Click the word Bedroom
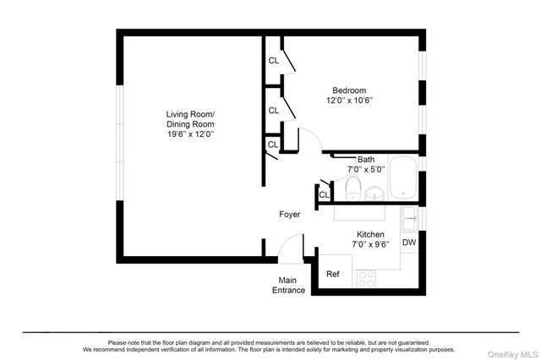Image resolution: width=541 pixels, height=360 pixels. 349,90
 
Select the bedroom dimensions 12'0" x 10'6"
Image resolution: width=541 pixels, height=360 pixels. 349,101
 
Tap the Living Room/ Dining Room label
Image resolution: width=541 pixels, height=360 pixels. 190,119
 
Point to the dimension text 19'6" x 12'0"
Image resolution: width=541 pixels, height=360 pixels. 190,134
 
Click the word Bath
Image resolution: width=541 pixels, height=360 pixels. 366,159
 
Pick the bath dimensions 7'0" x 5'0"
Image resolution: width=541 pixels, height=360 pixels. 366,169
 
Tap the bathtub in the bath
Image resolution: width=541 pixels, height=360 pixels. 403,180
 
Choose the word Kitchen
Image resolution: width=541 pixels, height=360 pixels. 370,234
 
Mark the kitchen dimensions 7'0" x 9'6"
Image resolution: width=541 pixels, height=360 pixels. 370,244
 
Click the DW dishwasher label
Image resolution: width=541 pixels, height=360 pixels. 409,243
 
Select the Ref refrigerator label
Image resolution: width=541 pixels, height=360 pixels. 333,274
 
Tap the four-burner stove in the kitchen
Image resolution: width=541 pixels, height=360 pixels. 366,278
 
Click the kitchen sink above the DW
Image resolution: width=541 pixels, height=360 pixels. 409,219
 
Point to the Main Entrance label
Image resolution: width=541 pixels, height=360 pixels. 288,285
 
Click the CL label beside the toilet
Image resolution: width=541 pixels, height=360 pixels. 323,196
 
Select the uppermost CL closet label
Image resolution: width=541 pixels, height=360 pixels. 273,61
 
